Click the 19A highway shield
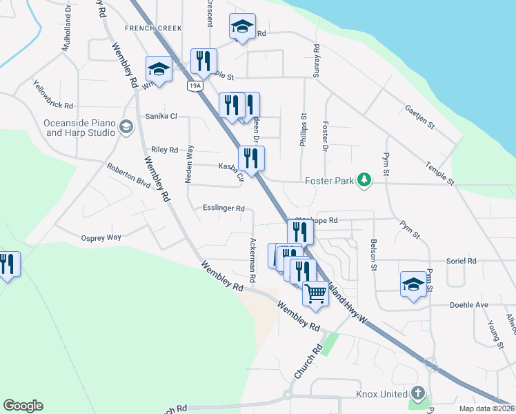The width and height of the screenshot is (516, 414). [x=194, y=85]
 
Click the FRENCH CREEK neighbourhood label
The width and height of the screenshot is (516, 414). [x=153, y=28]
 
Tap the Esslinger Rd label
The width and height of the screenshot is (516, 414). [x=224, y=208]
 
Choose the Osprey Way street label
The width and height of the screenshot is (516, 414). [x=101, y=237]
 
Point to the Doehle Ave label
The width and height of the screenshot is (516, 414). [x=468, y=304]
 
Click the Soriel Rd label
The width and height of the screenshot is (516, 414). [x=462, y=262]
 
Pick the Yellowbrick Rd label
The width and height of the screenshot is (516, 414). [x=53, y=94]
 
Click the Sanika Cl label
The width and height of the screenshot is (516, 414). [x=161, y=117]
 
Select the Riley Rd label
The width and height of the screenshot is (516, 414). [x=164, y=150]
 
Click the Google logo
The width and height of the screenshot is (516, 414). [x=23, y=406]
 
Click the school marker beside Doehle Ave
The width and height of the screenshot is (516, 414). [x=413, y=285]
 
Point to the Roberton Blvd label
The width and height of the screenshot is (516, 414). [x=128, y=176]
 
